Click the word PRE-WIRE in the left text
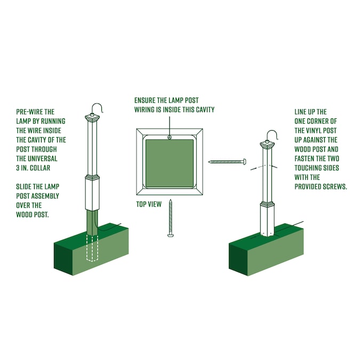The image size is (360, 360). pyautogui.click(x=29, y=112)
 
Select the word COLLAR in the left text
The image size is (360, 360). pyautogui.click(x=40, y=168)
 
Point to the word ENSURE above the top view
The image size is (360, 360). pyautogui.click(x=145, y=100)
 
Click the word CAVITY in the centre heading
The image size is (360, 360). pyautogui.click(x=205, y=110)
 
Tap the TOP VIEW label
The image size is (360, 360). pyautogui.click(x=149, y=204)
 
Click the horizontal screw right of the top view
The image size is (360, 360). pyautogui.click(x=227, y=162)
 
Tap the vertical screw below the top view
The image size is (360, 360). pyautogui.click(x=170, y=218)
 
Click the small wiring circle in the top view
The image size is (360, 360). pyautogui.click(x=170, y=137)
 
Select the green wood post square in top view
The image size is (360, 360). pyautogui.click(x=170, y=163)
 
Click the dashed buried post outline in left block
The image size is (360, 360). pyautogui.click(x=92, y=248)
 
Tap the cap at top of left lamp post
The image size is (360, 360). pyautogui.click(x=92, y=118)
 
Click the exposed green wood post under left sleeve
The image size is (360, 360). pyautogui.click(x=92, y=222)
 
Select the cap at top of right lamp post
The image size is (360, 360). pyautogui.click(x=267, y=145)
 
